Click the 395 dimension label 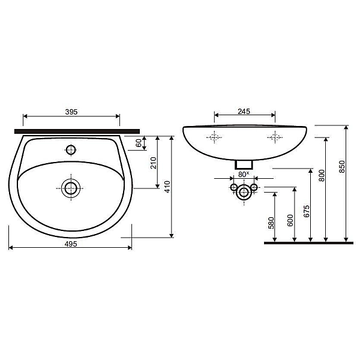[x=71, y=112]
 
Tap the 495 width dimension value [x=71, y=244]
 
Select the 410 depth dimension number [x=167, y=187]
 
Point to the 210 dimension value [x=153, y=163]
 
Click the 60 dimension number [x=139, y=143]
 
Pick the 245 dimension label [x=244, y=112]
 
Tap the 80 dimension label [x=242, y=175]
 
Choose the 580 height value [x=271, y=223]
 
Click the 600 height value [x=290, y=220]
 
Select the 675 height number [x=307, y=211]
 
